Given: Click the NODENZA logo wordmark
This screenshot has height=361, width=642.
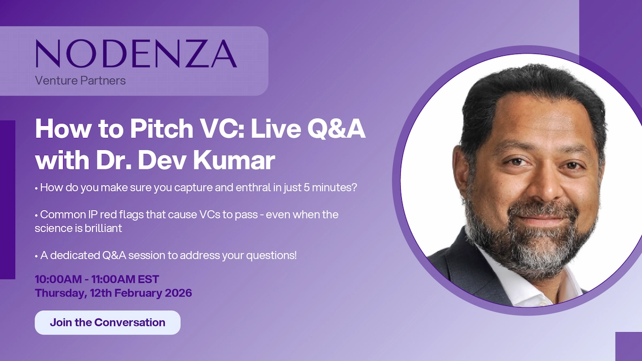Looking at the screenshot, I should (136, 53).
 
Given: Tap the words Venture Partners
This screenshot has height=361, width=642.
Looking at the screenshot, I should (80, 81).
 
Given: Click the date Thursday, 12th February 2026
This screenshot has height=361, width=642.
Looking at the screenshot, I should (113, 293).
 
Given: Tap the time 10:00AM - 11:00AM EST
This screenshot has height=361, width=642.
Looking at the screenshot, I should (97, 280).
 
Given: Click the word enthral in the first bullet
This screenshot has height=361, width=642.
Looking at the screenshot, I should (231, 189).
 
